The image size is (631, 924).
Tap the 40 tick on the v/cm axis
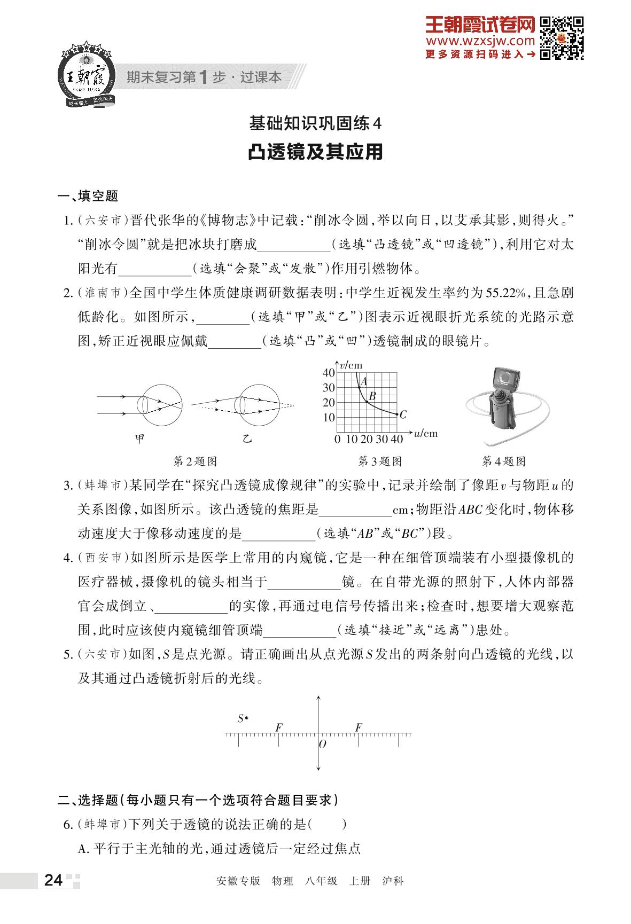[329, 373]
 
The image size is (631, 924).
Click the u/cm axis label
[426, 433]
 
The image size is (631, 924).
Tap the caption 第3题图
[379, 461]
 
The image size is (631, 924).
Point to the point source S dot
[246, 718]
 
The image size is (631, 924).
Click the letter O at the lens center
[322, 744]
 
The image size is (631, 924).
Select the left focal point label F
[278, 727]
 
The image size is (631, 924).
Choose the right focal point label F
[359, 727]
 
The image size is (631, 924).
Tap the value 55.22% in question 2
[505, 293]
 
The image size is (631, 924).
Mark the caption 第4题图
[504, 461]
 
